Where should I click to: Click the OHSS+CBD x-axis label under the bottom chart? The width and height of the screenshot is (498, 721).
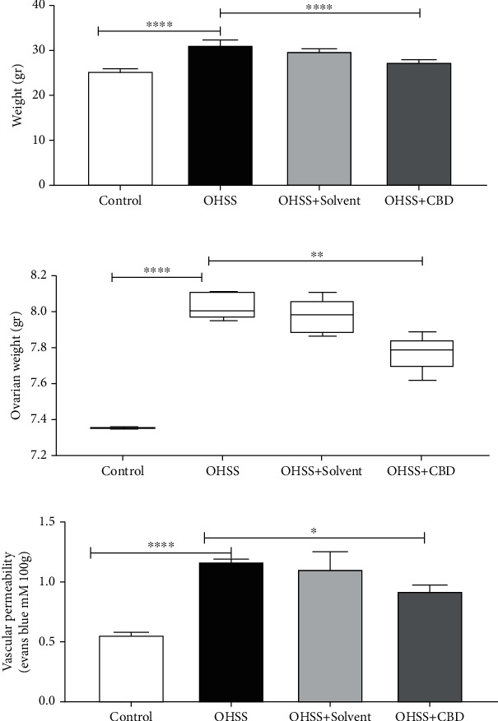pyautogui.click(x=424, y=714)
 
